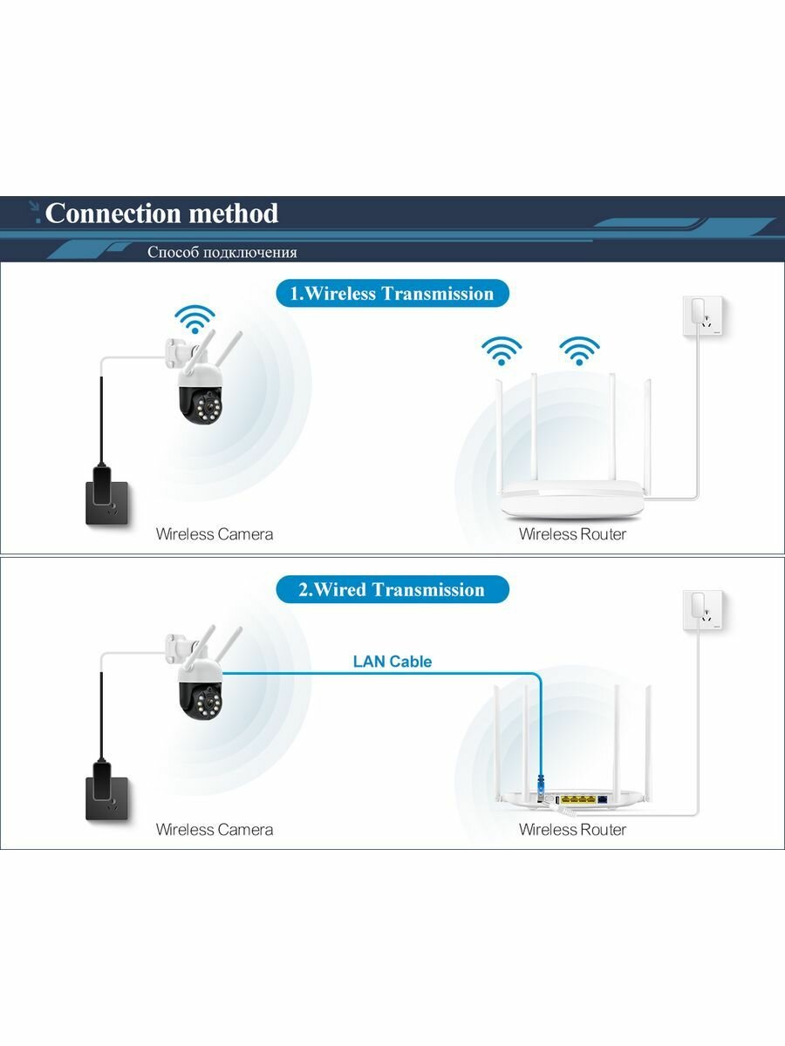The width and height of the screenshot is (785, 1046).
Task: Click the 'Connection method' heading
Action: pos(161,214)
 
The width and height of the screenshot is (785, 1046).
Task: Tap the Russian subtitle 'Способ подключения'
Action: pos(222,253)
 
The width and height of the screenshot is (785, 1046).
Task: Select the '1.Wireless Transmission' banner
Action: pos(392,294)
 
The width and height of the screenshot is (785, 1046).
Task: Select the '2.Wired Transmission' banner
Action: pos(392,590)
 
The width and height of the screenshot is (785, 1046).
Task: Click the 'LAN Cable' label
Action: pos(392,662)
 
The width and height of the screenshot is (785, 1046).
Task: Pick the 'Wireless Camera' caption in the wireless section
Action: pos(215,534)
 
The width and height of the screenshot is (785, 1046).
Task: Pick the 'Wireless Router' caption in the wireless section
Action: pos(572,534)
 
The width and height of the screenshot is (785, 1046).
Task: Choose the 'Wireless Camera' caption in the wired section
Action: pos(215,830)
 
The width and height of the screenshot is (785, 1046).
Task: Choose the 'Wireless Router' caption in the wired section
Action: pos(572,830)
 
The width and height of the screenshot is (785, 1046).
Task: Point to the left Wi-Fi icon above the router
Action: pos(502,350)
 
